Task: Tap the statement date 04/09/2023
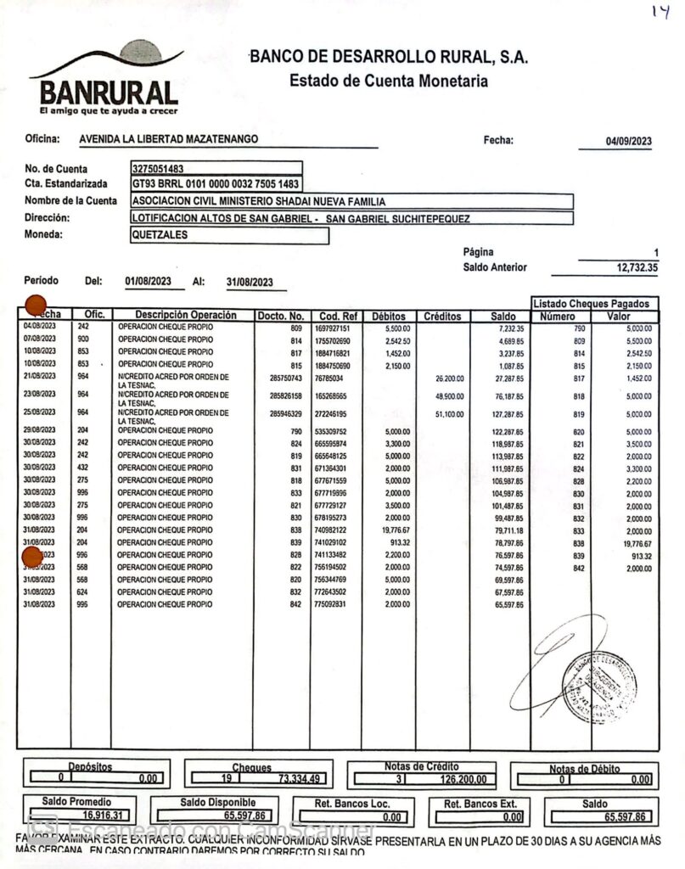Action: tap(628, 142)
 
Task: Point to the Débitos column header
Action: tap(389, 317)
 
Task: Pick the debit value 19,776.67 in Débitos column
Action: tap(390, 530)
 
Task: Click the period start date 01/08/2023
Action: tap(148, 282)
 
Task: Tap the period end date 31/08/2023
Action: tap(250, 283)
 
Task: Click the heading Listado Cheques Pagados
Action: tap(592, 304)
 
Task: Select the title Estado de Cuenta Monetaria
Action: tap(388, 82)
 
